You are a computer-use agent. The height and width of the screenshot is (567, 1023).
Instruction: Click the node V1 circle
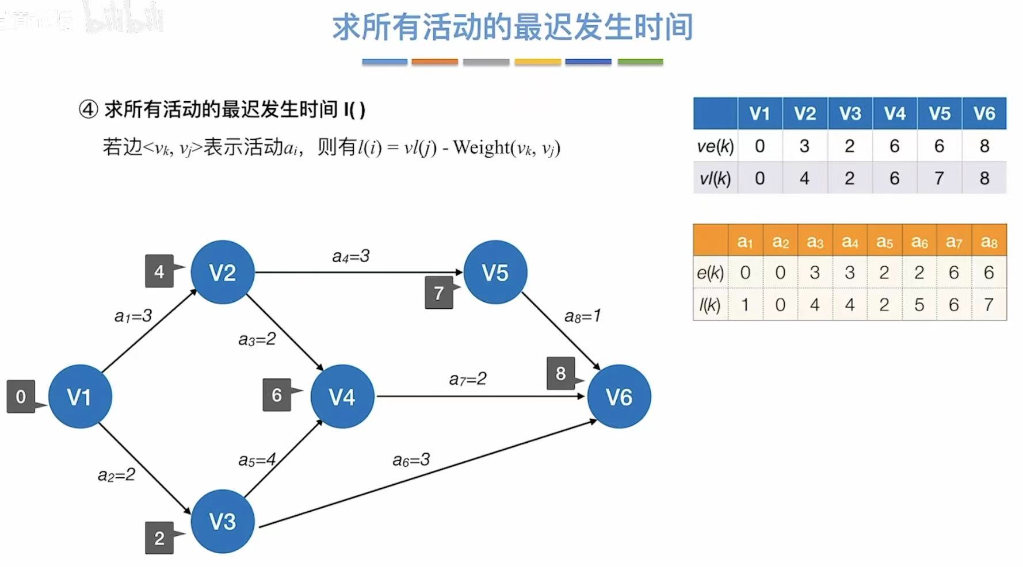[x=80, y=396]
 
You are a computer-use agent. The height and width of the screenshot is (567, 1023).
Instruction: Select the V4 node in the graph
[x=342, y=396]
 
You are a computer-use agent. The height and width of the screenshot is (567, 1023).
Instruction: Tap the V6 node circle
[x=619, y=396]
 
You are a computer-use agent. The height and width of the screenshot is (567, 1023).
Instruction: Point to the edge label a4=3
[x=350, y=256]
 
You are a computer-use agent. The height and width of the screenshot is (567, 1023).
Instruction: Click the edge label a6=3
[x=411, y=459]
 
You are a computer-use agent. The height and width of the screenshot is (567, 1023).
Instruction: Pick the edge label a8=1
[x=582, y=316]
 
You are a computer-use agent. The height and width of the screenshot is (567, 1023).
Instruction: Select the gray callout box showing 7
[x=439, y=293]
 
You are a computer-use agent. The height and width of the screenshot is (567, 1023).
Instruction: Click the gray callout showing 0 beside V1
[x=21, y=396]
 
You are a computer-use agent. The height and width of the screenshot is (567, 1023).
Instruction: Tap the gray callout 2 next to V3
[x=159, y=538]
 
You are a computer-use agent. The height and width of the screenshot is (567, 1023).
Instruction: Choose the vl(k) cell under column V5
[x=939, y=178]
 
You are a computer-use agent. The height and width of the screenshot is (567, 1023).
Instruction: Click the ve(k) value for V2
[x=804, y=146]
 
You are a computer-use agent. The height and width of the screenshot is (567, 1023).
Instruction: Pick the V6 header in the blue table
[x=984, y=113]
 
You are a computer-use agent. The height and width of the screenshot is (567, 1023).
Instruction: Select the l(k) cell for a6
[x=919, y=304]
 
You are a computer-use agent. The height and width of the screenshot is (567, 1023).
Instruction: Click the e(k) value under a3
[x=815, y=272]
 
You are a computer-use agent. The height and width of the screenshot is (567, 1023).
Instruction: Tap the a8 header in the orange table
[x=988, y=242]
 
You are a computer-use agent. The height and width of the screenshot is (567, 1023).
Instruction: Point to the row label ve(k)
[x=715, y=146]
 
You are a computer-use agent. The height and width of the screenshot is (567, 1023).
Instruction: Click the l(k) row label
[x=710, y=304]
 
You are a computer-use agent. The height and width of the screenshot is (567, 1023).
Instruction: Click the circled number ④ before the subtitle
[x=88, y=109]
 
